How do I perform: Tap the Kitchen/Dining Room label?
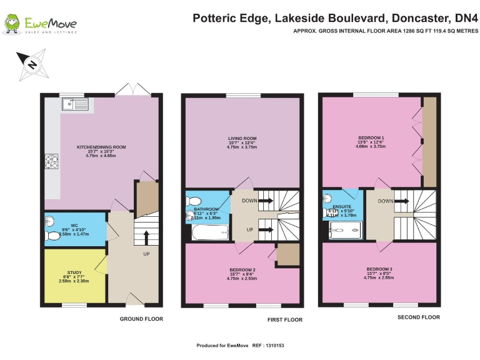101,151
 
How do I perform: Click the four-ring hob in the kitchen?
51,163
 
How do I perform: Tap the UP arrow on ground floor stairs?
146,237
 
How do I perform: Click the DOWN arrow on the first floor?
265,201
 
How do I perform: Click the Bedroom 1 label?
371,141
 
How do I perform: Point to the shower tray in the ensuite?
344,232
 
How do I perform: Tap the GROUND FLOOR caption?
141,319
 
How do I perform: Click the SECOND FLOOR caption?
419,317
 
